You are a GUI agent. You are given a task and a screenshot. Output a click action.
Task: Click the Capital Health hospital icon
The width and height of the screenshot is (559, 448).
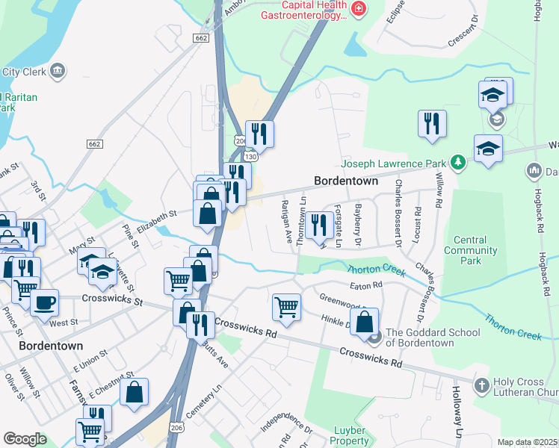pyautogui.click(x=359, y=10)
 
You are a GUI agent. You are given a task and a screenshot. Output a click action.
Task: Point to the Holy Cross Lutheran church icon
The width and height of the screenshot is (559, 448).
pyautogui.click(x=482, y=384)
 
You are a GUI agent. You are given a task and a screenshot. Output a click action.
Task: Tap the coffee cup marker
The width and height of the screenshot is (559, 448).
pyautogui.click(x=44, y=301)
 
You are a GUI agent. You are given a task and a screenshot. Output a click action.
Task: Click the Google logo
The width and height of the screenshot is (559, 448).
pyautogui.click(x=25, y=439)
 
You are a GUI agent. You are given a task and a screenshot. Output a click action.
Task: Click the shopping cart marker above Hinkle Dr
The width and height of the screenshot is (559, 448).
pyautogui.click(x=286, y=305)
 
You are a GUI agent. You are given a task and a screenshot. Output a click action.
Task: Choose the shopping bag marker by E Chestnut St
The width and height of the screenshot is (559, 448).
pyautogui.click(x=134, y=391)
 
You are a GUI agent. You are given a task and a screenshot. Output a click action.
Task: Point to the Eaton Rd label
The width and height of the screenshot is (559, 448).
pyautogui.click(x=366, y=284)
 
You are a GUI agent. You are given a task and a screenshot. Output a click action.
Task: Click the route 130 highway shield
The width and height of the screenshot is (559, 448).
pyautogui.click(x=251, y=157)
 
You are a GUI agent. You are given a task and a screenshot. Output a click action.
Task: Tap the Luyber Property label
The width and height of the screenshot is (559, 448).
pyautogui.click(x=350, y=435)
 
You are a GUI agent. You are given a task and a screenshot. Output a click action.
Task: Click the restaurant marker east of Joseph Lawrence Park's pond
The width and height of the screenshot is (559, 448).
pyautogui.click(x=432, y=123)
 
